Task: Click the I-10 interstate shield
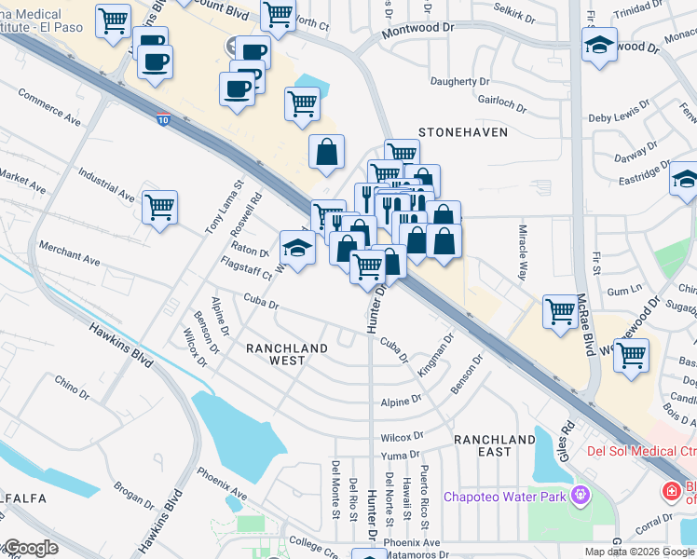(x=163, y=119)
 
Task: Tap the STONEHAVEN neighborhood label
(x=463, y=132)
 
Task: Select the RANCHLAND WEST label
(x=287, y=355)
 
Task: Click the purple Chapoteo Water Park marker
(x=581, y=495)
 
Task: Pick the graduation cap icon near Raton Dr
(x=297, y=248)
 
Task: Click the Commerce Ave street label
(x=49, y=107)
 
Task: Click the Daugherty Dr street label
(x=459, y=82)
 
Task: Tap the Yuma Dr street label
(x=402, y=455)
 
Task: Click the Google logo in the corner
(x=30, y=548)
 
